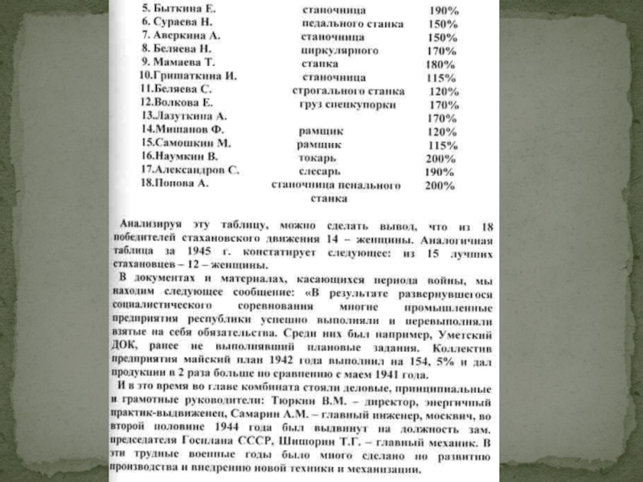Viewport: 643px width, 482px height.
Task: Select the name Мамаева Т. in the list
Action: (x=181, y=62)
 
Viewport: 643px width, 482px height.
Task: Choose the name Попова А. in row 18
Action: (x=178, y=184)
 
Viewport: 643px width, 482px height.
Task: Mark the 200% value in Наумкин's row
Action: (x=440, y=159)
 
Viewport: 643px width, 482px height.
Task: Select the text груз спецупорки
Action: (x=344, y=104)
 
